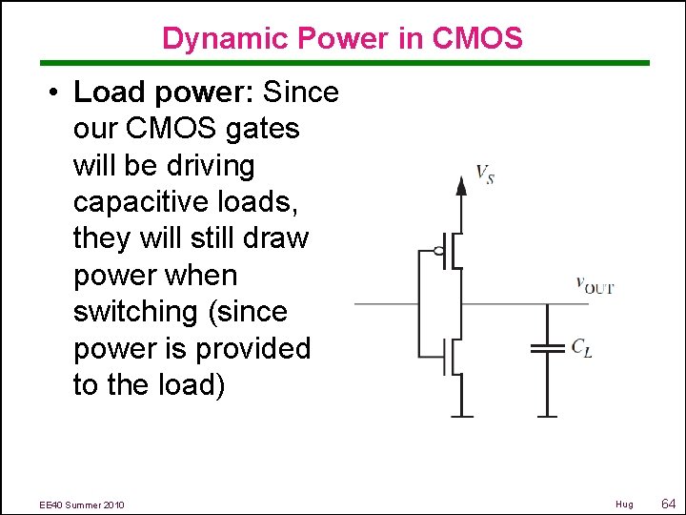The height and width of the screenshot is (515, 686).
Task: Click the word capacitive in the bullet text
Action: point(138,202)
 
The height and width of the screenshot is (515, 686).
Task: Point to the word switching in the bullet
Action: point(134,312)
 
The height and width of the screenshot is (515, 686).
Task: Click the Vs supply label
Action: point(485,174)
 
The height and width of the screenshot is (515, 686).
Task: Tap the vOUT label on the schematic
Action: point(595,284)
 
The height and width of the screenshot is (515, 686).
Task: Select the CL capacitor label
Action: point(581,349)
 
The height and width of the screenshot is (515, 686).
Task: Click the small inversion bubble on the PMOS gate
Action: point(439,252)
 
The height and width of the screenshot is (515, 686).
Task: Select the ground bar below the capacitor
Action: point(547,416)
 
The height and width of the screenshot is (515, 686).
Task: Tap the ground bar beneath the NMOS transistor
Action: point(461,416)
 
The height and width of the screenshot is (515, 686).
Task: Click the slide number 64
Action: point(667,503)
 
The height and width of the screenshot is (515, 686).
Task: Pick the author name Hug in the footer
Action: point(624,504)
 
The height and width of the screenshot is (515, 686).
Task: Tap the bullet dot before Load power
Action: point(56,93)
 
